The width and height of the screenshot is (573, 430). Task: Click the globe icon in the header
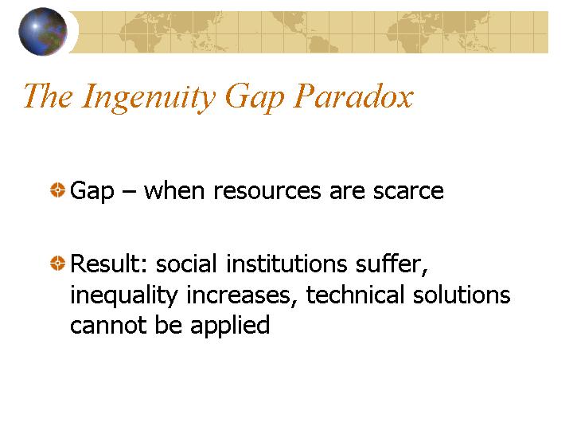coord(43,31)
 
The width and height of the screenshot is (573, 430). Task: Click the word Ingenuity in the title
coord(149,97)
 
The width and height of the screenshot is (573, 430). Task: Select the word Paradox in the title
coord(353,96)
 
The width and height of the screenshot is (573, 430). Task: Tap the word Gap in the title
coord(255,98)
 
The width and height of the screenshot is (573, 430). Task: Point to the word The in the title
coord(48,96)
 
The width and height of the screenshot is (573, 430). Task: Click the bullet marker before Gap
coord(57,190)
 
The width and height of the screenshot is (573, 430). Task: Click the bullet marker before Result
coord(57,263)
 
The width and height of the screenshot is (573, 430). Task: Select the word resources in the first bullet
coord(267,192)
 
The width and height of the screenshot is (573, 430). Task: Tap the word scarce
coord(408,192)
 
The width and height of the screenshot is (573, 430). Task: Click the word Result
coord(108,264)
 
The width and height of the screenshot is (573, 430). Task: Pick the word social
coord(186,264)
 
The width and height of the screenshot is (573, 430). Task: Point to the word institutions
coord(286,264)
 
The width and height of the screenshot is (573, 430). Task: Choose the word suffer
coord(392,264)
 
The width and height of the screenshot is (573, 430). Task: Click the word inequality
coord(124,295)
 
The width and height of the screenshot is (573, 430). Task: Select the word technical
coord(355,295)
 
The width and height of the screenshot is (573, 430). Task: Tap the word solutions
coord(462,295)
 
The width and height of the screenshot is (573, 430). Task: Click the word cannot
coord(108,325)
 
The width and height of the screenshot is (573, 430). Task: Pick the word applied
coord(230,326)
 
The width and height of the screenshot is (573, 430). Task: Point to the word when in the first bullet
coord(174,190)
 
